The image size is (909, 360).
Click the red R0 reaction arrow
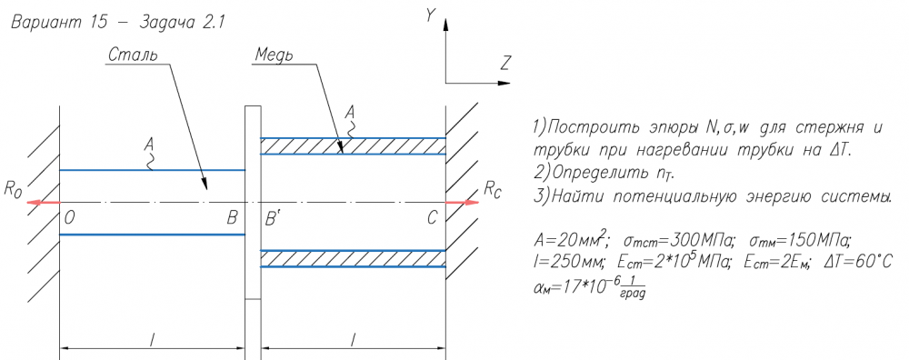pos(43,203)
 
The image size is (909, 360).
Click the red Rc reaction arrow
pos(463,203)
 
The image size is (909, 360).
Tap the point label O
pos(70,218)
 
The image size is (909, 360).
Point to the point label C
pos(432,218)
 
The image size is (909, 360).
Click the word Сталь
pos(133,55)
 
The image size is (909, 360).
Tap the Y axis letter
pos(430,16)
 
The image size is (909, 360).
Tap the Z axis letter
pos(504,64)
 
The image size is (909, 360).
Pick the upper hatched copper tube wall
pos(353,146)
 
